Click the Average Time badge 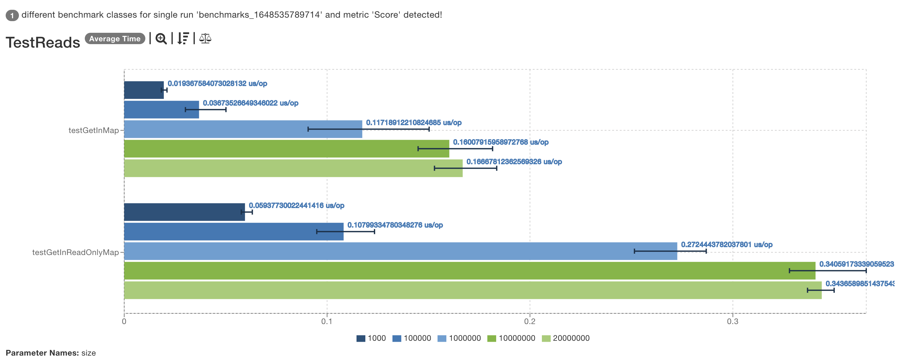114,38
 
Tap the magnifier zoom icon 161,38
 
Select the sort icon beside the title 183,38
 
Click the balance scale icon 205,38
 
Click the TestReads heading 43,43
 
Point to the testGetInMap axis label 93,130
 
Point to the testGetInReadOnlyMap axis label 75,252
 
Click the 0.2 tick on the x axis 529,321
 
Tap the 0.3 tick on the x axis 732,321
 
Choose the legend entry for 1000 371,338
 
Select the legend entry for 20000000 566,338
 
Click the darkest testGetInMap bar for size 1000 143,90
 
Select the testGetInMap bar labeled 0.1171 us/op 243,129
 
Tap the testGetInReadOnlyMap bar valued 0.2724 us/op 400,251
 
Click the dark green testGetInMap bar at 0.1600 286,148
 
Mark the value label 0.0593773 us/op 296,206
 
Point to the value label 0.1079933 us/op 395,225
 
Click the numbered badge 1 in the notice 12,15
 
